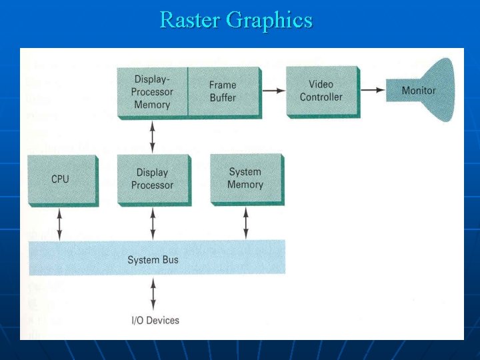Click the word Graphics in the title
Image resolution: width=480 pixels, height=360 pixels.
[x=269, y=21]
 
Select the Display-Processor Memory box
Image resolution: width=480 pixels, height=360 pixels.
[x=153, y=92]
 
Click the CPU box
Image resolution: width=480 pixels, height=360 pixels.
[x=61, y=179]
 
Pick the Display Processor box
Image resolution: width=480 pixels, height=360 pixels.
[x=153, y=179]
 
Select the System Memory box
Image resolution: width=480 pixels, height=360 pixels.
[x=245, y=178]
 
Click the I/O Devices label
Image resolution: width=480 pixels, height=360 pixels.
[x=155, y=321]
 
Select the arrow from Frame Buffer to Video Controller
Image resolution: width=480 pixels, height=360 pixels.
[x=271, y=90]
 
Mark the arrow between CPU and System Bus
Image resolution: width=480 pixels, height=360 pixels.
[x=61, y=223]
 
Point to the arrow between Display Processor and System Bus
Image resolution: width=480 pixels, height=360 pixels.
[x=153, y=223]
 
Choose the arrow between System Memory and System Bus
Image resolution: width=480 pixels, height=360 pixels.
[x=246, y=222]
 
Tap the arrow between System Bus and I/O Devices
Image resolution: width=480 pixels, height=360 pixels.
[x=154, y=294]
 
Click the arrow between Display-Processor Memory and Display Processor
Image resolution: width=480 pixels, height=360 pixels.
[x=153, y=137]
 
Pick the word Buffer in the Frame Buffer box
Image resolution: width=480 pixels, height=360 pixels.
[x=223, y=97]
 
